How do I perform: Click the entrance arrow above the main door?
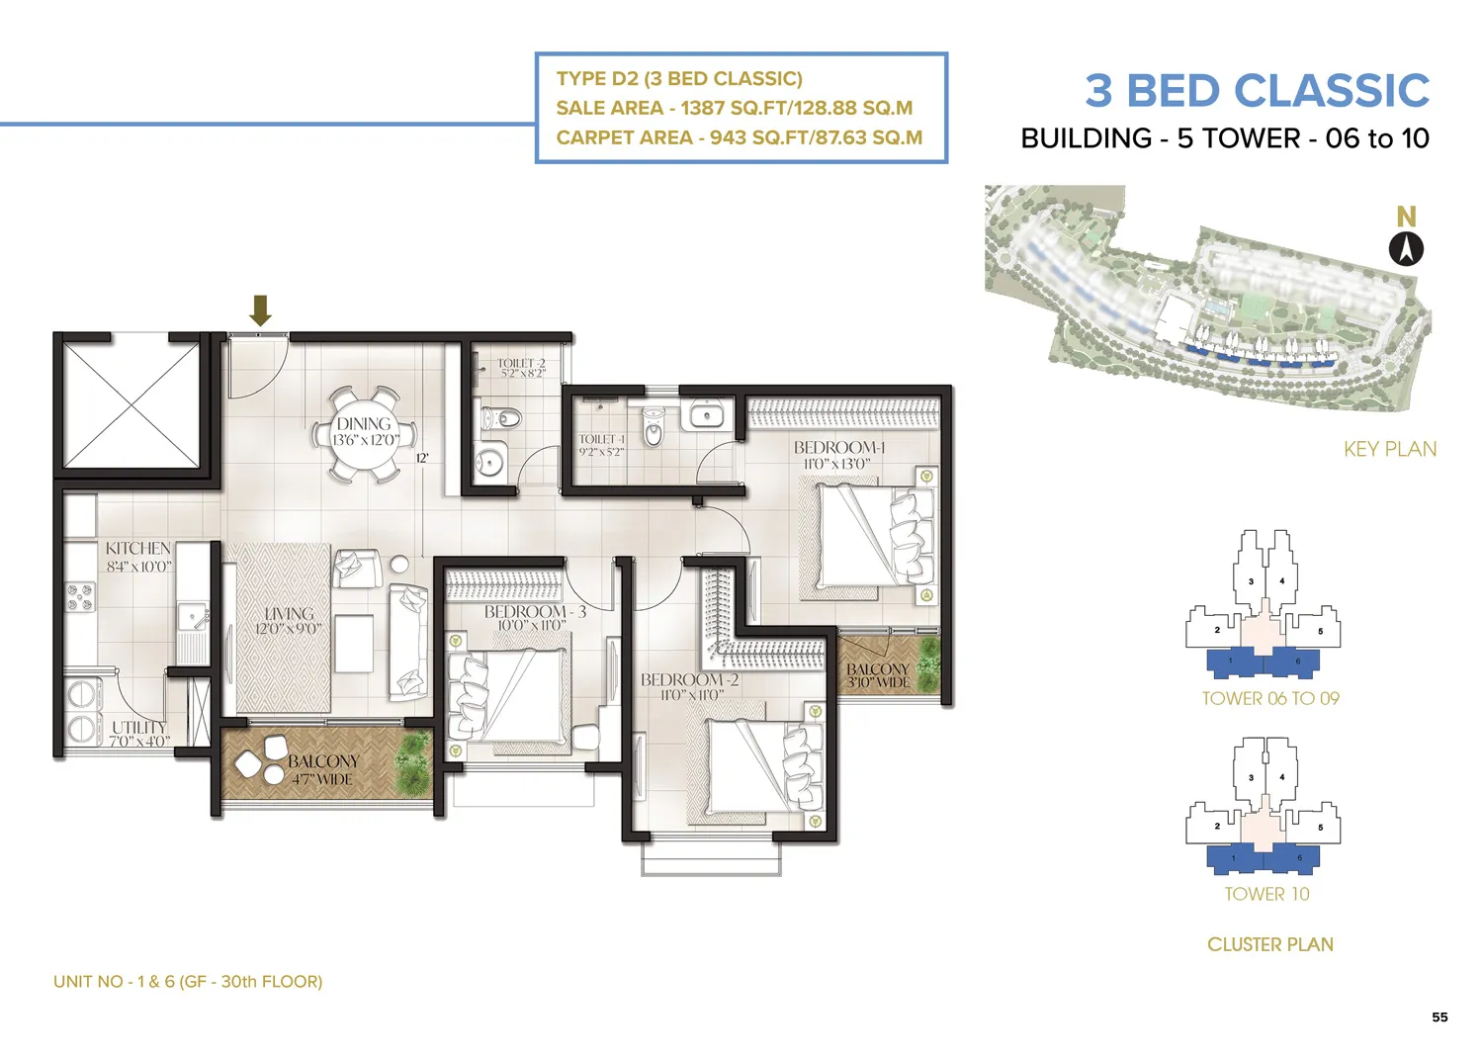(x=260, y=309)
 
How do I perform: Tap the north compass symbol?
(x=1406, y=248)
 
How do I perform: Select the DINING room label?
(x=364, y=423)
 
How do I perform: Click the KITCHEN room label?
(x=138, y=549)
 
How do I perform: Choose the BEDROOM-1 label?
(x=839, y=448)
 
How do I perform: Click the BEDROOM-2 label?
(x=689, y=680)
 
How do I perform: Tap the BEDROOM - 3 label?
(x=535, y=612)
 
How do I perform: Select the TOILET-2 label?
(x=521, y=364)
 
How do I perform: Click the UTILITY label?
(x=138, y=728)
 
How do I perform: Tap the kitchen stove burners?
(x=80, y=597)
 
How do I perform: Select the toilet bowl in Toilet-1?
(x=654, y=428)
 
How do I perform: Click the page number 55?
(x=1439, y=1016)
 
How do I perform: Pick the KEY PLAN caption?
(x=1389, y=449)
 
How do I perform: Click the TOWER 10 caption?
(x=1266, y=894)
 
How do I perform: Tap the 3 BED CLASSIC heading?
(x=1257, y=91)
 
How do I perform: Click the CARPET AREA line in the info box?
(x=739, y=137)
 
